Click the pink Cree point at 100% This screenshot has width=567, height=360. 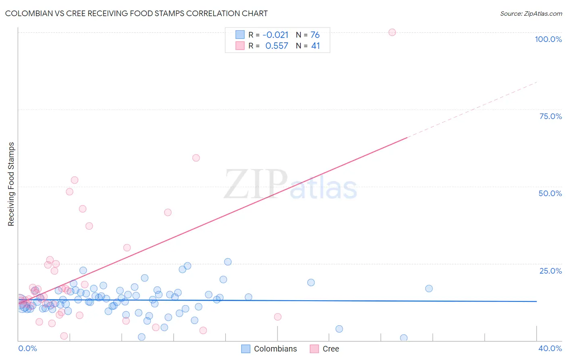click(x=392, y=32)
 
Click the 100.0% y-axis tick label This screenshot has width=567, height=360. click(x=548, y=39)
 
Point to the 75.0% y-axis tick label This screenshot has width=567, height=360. click(x=550, y=116)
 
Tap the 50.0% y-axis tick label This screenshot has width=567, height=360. click(x=550, y=193)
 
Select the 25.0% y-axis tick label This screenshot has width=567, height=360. click(x=550, y=271)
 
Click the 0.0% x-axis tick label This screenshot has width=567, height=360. click(x=27, y=348)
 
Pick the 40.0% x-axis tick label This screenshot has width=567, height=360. click(x=550, y=348)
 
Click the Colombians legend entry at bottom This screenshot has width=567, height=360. click(x=269, y=349)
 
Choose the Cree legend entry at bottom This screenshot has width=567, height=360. click(x=325, y=349)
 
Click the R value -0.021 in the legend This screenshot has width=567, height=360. click(x=275, y=35)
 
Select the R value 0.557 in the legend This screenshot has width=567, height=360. click(x=277, y=46)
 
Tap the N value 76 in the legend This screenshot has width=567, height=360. click(x=315, y=35)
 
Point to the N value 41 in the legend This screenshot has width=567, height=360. click(x=315, y=46)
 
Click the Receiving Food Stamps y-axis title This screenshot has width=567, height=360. click(x=11, y=184)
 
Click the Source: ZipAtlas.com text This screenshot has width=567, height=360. click(x=531, y=14)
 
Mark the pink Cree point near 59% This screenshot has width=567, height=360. click(x=196, y=158)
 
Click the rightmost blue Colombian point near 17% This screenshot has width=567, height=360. click(x=429, y=289)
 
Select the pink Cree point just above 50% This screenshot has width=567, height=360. click(x=75, y=180)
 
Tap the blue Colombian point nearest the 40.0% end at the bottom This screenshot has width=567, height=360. click(x=404, y=338)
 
